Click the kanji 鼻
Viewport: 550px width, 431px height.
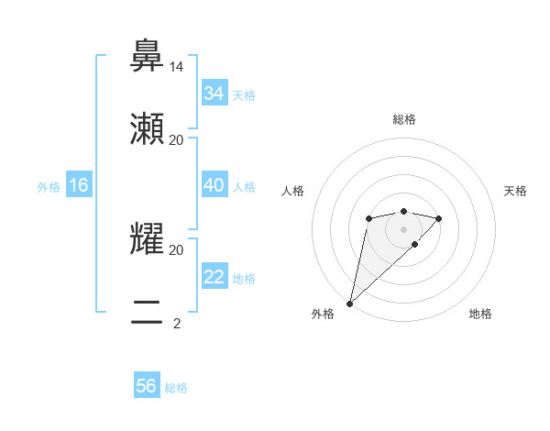point(148,57)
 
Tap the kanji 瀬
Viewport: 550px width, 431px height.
point(148,129)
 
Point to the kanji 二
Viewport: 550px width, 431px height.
point(148,313)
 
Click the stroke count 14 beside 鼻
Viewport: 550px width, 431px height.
point(177,67)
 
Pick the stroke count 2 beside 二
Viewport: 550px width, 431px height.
point(177,323)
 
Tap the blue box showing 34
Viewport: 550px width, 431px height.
point(214,94)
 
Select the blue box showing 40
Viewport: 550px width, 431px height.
point(214,185)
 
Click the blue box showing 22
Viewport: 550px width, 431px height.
point(214,277)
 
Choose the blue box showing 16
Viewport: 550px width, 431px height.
point(79,185)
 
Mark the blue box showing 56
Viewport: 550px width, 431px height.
point(147,386)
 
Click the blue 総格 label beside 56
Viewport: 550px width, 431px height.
point(176,388)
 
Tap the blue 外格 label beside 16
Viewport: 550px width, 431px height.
point(49,187)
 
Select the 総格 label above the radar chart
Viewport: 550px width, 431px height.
point(404,119)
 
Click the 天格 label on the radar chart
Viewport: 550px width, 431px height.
point(516,191)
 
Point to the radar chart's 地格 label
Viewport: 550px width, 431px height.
point(480,315)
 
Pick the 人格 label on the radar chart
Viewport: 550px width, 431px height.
point(292,191)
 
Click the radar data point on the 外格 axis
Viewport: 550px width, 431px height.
point(349,303)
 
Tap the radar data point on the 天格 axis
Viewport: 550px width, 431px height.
point(439,218)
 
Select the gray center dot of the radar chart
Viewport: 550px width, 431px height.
point(404,229)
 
